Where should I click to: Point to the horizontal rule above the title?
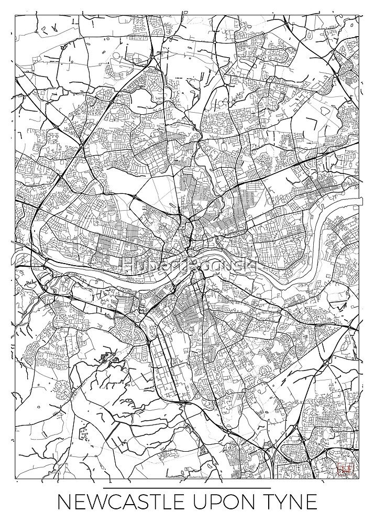click(x=186, y=488)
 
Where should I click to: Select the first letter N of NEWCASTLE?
click(x=64, y=504)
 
